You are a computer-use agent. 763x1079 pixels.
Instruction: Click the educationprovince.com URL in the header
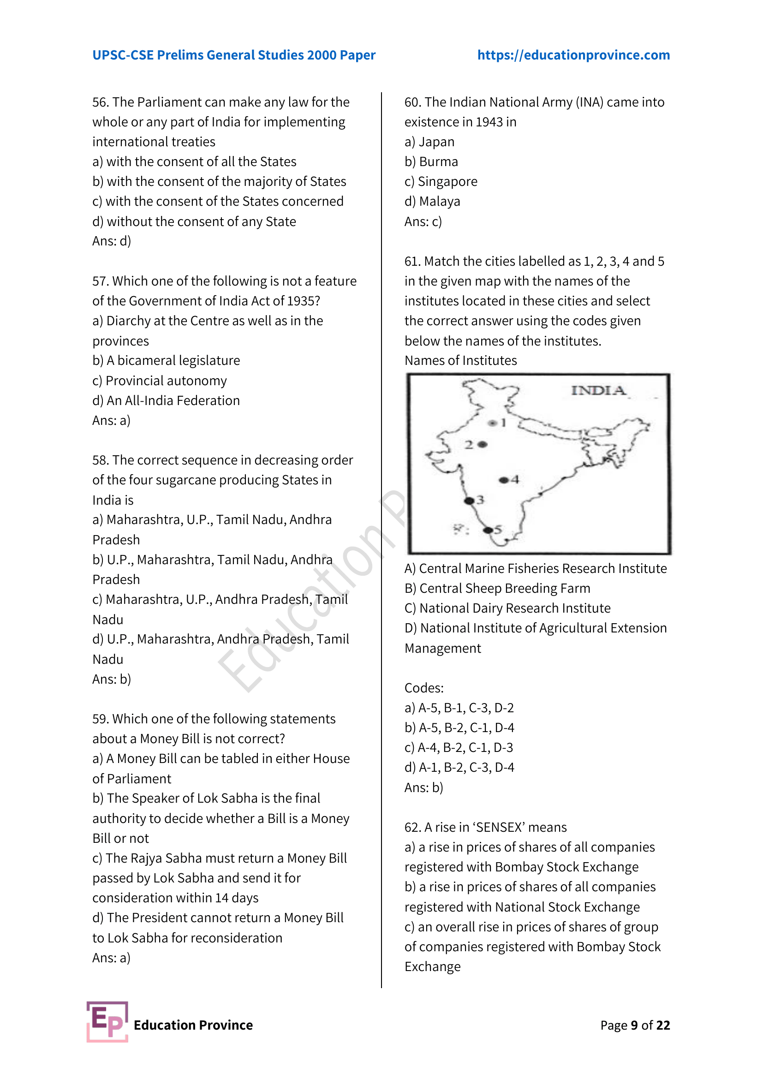(573, 55)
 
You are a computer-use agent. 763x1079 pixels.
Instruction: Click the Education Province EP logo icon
(107, 1021)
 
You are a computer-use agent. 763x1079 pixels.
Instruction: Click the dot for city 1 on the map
(492, 423)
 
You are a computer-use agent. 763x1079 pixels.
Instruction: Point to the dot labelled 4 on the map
(504, 480)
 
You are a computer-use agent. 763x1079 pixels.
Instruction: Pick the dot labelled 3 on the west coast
(469, 501)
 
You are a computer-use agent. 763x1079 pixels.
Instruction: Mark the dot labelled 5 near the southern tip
(488, 530)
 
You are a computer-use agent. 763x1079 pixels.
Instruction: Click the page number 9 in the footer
(634, 1025)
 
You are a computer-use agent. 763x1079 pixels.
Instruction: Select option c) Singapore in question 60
(441, 181)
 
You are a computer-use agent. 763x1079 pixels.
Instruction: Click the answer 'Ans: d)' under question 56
(112, 241)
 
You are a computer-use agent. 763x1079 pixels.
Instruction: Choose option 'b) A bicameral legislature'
(167, 360)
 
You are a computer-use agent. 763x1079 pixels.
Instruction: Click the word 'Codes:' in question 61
(424, 688)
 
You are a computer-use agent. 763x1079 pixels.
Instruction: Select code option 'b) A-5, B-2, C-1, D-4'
(459, 727)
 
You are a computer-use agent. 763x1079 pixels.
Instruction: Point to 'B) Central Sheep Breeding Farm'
(497, 588)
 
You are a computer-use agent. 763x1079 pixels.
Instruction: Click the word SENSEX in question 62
(500, 827)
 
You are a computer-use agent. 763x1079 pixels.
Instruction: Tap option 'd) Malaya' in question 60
(432, 201)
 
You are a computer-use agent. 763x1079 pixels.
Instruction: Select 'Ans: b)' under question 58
(112, 679)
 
